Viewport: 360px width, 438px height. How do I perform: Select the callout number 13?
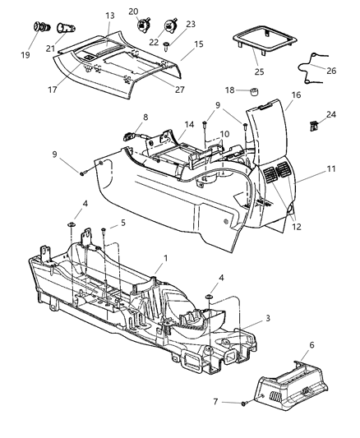110,16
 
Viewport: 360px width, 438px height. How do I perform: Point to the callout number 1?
166,258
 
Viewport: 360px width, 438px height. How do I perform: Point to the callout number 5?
123,222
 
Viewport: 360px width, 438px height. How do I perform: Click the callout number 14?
190,124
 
